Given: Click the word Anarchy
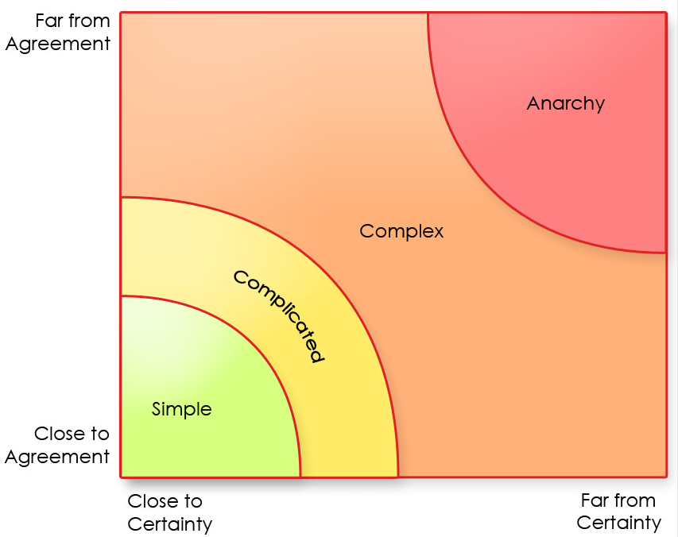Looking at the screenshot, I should tap(565, 104).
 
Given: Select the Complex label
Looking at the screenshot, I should tap(401, 232).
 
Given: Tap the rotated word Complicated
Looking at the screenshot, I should tap(279, 316).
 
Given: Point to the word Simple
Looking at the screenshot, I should tap(182, 410).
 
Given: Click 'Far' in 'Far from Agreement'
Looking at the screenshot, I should tap(48, 21).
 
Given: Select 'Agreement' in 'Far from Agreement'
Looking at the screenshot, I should tap(57, 44).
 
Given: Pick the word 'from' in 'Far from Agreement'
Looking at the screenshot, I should tap(88, 21).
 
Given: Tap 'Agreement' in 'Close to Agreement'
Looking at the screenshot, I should tap(57, 457).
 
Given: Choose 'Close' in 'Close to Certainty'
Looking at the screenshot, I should tap(153, 501).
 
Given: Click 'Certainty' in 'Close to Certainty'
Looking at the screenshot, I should tap(170, 524).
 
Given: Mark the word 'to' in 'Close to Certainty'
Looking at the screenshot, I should tap(193, 501).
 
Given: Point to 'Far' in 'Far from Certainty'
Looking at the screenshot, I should tap(594, 500).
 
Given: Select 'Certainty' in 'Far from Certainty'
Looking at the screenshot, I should tap(619, 523).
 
